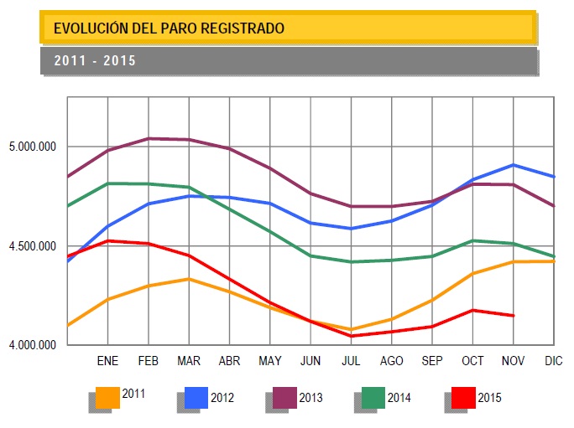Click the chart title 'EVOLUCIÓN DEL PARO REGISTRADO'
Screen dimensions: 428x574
[169, 28]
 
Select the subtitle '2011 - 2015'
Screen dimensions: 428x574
[95, 61]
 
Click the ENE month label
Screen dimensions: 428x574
[108, 361]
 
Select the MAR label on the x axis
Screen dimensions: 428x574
[190, 361]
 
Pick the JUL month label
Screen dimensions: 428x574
[352, 361]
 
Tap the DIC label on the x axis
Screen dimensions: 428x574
[554, 361]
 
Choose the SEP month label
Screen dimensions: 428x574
[432, 361]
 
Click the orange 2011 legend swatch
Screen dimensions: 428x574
[108, 397]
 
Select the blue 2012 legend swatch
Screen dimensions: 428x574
[196, 397]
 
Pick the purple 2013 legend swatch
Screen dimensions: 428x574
[285, 397]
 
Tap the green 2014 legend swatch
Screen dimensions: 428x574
[373, 397]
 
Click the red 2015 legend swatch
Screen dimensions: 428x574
[462, 397]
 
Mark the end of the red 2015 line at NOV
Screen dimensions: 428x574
[513, 316]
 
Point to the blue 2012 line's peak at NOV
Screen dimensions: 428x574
[513, 165]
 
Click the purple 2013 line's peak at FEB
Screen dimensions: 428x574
[149, 138]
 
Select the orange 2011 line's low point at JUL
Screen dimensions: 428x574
[352, 330]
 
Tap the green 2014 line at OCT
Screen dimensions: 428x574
[472, 241]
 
